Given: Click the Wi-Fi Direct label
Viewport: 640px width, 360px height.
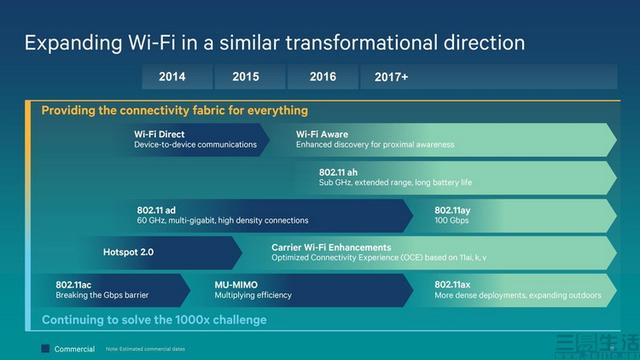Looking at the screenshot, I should tap(159, 133).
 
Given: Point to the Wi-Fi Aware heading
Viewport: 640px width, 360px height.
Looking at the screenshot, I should tap(321, 133).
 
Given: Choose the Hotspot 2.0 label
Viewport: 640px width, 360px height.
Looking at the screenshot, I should tap(128, 252).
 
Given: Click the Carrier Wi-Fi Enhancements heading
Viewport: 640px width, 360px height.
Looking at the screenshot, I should tap(330, 246).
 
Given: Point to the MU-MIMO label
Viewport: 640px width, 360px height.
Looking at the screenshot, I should tap(239, 284).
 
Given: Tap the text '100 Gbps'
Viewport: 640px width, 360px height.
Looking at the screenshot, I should tap(453, 220).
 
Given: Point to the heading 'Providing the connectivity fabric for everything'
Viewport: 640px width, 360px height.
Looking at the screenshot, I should tap(174, 110).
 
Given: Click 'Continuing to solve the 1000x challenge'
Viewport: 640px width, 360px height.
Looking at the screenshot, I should tap(154, 320).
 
